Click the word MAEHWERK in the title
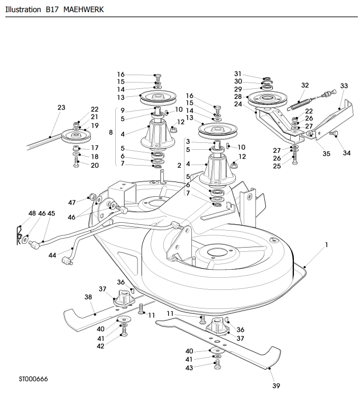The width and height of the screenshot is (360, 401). (84, 10)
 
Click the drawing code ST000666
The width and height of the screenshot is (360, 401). (33, 379)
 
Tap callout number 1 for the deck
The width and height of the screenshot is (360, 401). (326, 245)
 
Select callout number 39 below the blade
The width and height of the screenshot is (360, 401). (276, 386)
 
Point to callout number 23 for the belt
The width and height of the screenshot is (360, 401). (61, 107)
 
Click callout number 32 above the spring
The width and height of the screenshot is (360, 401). (305, 85)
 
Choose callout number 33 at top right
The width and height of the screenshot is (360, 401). (344, 86)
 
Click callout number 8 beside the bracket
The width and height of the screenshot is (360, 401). (110, 132)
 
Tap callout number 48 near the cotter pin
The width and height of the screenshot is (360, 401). (32, 213)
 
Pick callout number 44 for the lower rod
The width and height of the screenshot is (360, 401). (52, 255)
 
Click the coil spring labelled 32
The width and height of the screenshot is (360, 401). (299, 103)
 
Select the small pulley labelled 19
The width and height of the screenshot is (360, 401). (76, 136)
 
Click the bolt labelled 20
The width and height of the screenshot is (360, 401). (76, 162)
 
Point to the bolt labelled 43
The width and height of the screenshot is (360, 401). (218, 364)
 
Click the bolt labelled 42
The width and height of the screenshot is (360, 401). (124, 332)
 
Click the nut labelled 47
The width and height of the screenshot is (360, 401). (91, 197)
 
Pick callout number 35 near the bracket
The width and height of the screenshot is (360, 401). (326, 154)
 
